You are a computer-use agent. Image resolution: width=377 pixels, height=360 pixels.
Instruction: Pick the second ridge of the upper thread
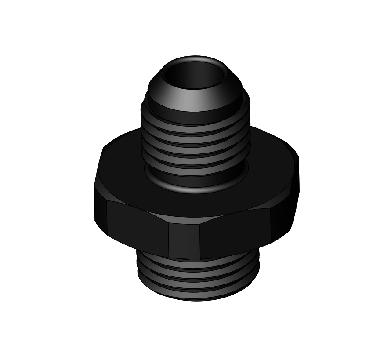click(196, 140)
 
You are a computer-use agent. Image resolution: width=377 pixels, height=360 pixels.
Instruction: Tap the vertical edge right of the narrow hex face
click(201, 242)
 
